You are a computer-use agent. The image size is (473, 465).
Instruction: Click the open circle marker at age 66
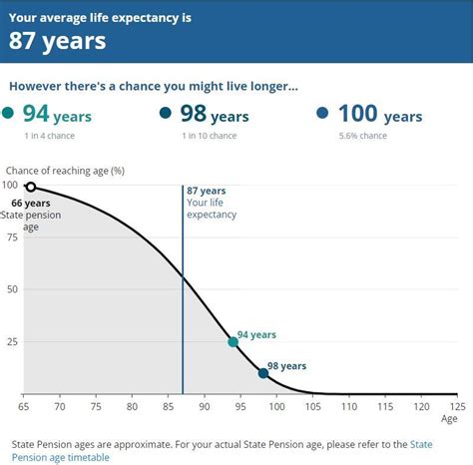[x=30, y=187]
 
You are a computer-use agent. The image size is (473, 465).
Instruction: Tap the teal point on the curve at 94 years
[x=233, y=342]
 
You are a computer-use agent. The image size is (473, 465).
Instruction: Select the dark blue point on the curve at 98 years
[x=262, y=373]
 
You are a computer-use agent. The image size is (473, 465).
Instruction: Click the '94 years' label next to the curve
[x=256, y=335]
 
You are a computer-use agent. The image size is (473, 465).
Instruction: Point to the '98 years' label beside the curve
[x=286, y=366]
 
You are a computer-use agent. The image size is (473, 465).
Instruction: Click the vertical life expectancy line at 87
[x=183, y=299]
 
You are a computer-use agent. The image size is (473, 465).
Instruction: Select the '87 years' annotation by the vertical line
[x=207, y=191]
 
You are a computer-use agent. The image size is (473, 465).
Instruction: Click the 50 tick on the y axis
[x=11, y=289]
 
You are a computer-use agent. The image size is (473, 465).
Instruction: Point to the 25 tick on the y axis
[x=11, y=342]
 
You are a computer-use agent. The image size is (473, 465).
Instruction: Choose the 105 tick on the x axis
[x=312, y=407]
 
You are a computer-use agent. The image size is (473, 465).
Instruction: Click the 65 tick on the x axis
[x=24, y=407]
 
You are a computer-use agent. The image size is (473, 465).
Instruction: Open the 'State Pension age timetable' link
[x=60, y=457]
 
